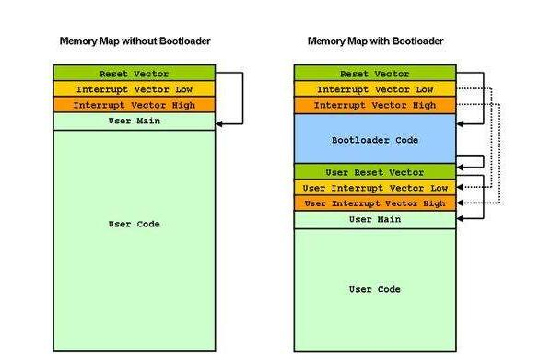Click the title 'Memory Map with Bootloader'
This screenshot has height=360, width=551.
[x=375, y=41]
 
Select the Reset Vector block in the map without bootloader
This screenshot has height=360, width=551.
[x=134, y=73]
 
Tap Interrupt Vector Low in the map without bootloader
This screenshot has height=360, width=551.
[x=134, y=89]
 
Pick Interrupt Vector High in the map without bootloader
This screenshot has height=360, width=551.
[x=134, y=105]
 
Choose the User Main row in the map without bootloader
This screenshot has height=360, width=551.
[x=134, y=122]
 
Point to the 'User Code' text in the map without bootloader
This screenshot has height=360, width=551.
[x=134, y=224]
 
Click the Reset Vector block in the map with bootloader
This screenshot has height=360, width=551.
[x=374, y=73]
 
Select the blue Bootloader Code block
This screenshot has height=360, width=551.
[x=374, y=140]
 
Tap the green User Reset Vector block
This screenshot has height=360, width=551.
[x=374, y=172]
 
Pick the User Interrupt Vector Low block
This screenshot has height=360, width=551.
[x=374, y=188]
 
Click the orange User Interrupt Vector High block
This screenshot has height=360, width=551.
[x=374, y=203]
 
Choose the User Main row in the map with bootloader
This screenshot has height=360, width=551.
[x=374, y=219]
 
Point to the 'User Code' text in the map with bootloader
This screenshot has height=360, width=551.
[x=374, y=289]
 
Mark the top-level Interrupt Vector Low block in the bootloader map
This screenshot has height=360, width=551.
[x=374, y=89]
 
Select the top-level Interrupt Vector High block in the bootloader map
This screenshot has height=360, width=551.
[x=374, y=105]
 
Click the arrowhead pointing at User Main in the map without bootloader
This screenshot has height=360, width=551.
[x=219, y=122]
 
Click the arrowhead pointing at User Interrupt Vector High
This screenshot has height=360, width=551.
[x=460, y=203]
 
